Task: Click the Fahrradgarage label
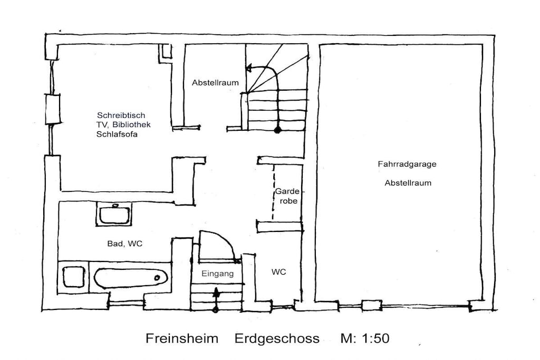[x=407, y=164]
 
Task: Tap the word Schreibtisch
[x=121, y=115]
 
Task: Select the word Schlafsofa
[x=117, y=134]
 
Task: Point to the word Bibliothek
[x=131, y=124]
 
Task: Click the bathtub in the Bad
[x=131, y=278]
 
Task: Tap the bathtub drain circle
[x=157, y=278]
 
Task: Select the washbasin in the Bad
[x=114, y=213]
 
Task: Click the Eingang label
[x=218, y=274]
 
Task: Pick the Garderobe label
[x=287, y=196]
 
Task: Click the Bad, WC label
[x=124, y=244]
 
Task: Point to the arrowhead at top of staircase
[x=249, y=68]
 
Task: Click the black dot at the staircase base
[x=277, y=130]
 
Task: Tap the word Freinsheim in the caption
[x=182, y=338]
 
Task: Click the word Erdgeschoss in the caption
[x=277, y=338]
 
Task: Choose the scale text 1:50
[x=375, y=338]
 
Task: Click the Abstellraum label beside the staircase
[x=215, y=83]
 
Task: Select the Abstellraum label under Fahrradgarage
[x=408, y=183]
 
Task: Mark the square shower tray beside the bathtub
[x=74, y=277]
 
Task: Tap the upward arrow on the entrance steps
[x=216, y=299]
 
